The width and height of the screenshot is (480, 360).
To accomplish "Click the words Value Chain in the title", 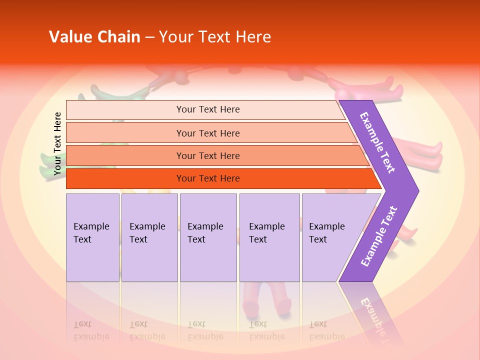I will tap(94, 37).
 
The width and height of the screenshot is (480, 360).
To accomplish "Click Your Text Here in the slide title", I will tap(215, 37).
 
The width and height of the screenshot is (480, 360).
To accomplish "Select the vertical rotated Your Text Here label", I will tap(57, 143).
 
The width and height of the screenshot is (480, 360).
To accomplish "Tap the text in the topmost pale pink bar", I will tap(208, 109).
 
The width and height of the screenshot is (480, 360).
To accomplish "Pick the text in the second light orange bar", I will tap(208, 133).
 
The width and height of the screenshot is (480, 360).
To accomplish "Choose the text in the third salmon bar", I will tap(208, 156).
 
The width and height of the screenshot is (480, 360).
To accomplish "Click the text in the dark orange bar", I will tap(208, 178).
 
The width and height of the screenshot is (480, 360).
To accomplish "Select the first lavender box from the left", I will tap(92, 237).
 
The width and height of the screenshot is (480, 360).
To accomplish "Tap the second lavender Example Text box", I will tap(149, 237).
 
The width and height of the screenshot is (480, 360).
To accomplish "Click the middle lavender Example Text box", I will tap(207, 237).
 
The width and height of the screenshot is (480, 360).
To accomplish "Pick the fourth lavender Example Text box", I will tap(269, 237).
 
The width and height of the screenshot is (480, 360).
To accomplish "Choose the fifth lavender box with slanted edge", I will tap(330, 237).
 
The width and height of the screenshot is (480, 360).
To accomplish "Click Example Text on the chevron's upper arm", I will tap(377, 142).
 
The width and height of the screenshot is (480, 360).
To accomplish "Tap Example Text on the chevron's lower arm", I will tap(379, 236).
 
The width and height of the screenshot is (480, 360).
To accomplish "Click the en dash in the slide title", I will tap(149, 37).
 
